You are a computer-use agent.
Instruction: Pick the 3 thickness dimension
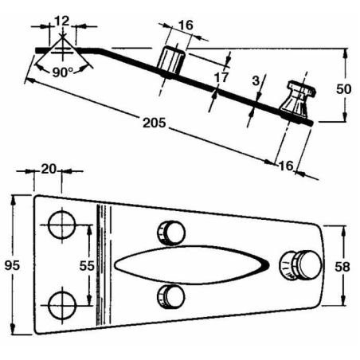(x=256, y=80)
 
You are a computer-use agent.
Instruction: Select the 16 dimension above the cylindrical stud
(x=184, y=26)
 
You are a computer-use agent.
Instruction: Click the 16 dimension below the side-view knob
(x=287, y=166)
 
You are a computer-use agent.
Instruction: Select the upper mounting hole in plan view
(x=61, y=225)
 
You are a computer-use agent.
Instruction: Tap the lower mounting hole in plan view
(x=61, y=303)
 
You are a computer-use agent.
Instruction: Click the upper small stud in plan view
(x=171, y=231)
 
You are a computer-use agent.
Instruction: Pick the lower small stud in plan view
(x=171, y=295)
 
